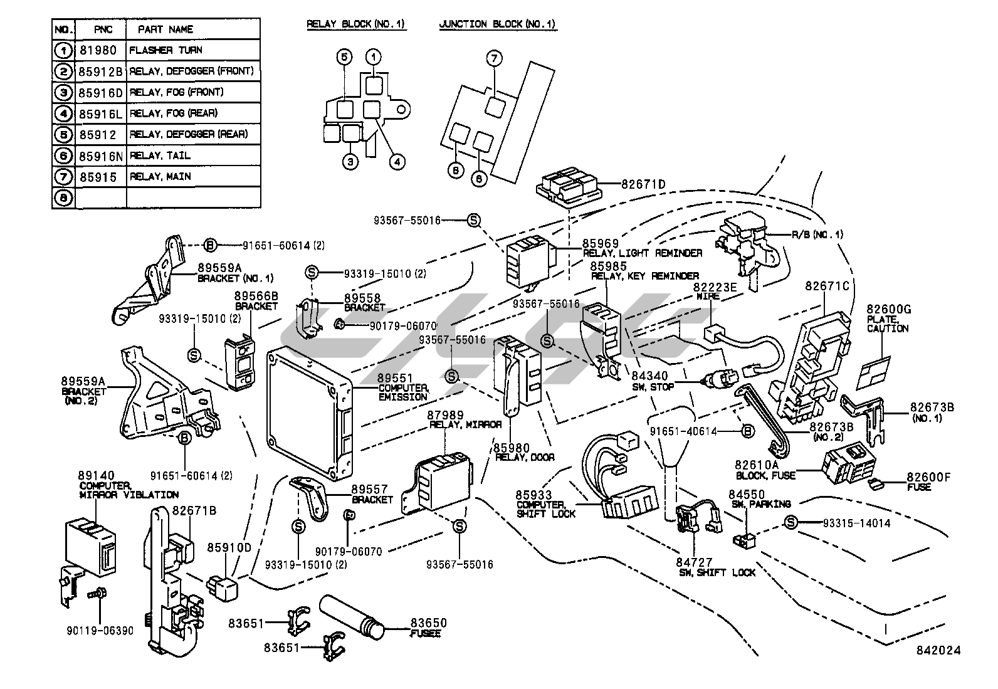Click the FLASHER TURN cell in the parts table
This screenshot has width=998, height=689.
165,50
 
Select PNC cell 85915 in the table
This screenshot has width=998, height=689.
98,177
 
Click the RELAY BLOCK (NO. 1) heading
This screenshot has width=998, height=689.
355,24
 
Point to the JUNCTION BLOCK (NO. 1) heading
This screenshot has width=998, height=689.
497,24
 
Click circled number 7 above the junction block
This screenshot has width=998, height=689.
494,59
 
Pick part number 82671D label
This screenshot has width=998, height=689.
643,184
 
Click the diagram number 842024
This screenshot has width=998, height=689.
937,650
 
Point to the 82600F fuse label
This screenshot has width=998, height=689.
928,478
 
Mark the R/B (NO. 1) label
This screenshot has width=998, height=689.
817,234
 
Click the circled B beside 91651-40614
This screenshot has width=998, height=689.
747,431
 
